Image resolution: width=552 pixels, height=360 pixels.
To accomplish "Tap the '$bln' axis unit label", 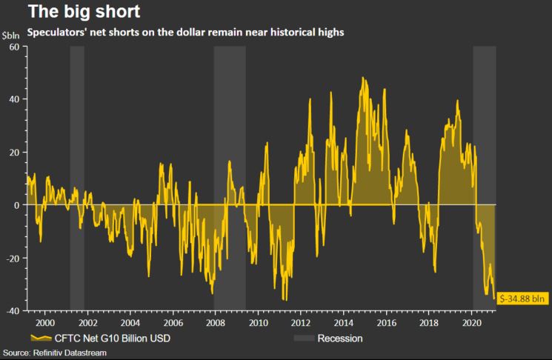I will point(11,36).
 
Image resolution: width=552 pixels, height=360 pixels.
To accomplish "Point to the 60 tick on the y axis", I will point(13,47).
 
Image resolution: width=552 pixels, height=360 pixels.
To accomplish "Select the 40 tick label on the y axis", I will point(13,99).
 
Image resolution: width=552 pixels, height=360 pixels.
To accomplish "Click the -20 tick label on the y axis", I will point(11,258).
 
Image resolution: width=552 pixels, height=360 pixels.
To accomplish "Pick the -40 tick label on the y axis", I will point(11,310).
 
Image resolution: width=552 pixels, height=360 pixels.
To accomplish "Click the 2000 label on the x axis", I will point(44,324).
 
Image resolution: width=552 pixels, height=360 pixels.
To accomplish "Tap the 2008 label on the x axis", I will point(215,324).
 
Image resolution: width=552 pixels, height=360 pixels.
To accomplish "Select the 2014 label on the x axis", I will point(344,324).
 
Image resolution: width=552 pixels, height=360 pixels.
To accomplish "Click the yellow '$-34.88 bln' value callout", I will point(523,299).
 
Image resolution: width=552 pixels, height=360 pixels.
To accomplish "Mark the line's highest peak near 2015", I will point(363,77).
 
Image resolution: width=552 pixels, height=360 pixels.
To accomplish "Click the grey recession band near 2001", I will point(76,178).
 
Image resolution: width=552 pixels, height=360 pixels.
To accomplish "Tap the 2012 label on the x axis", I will point(301,324).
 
